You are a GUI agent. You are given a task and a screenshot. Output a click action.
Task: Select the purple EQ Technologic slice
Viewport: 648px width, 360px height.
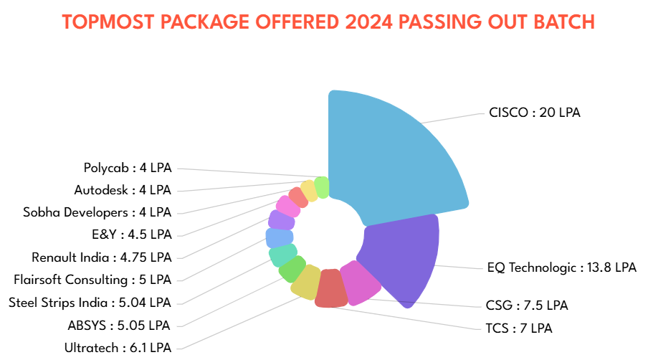coord(401,258)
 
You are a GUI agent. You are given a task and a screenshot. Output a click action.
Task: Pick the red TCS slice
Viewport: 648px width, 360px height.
coord(330,288)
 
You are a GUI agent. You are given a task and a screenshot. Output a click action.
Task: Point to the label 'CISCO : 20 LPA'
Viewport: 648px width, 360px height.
coord(534,113)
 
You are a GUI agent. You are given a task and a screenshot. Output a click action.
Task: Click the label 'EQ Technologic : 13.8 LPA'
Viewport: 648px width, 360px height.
coord(561,267)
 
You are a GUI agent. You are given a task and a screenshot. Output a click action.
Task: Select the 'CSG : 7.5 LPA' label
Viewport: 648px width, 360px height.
coord(526,305)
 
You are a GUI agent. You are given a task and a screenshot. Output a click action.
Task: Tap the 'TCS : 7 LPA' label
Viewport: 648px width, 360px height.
coord(519,328)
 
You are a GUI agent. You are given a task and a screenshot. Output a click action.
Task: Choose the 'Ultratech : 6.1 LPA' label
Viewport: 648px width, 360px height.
coord(118,347)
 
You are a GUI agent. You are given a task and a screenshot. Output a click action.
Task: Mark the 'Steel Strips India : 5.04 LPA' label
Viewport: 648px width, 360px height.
coord(90,302)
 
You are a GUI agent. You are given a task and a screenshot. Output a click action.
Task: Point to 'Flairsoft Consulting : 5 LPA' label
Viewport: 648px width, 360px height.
coord(92,279)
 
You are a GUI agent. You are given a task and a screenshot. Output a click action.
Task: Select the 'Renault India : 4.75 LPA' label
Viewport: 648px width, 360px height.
coord(102,257)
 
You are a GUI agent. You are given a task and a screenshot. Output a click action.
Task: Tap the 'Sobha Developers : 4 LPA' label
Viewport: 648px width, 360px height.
coord(97,212)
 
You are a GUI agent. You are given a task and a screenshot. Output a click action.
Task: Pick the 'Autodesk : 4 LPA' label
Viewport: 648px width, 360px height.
coord(123,190)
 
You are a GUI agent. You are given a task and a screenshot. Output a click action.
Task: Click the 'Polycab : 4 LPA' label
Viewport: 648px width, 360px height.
coord(128,168)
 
